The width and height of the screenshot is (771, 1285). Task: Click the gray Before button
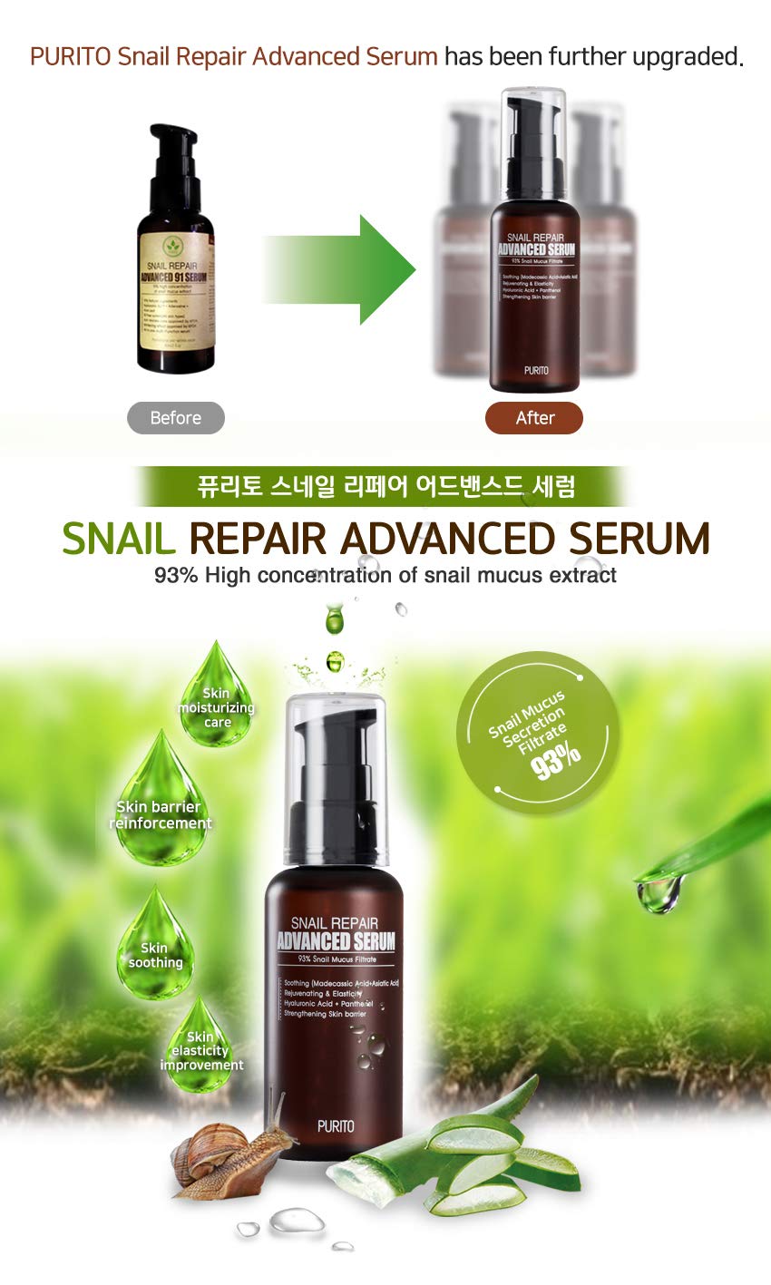(175, 418)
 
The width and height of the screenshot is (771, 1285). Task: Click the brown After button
(534, 418)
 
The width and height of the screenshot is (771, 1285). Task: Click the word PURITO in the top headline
(72, 56)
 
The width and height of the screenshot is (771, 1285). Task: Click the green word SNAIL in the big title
(118, 540)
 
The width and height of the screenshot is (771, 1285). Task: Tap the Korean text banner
(385, 487)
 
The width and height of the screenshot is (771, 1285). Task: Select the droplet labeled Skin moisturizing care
(216, 703)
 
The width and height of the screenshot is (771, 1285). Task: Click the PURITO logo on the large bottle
(336, 1126)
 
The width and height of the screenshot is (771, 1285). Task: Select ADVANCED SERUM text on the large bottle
(336, 941)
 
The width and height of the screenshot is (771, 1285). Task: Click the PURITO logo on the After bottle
(535, 370)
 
